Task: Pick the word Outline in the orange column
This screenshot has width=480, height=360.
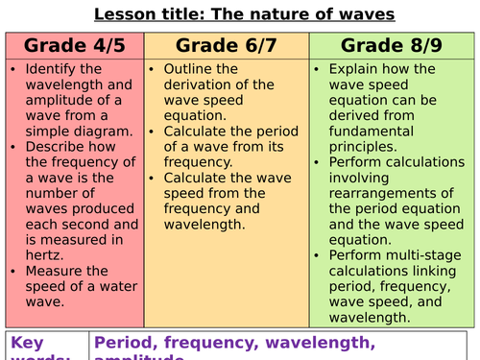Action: tap(190, 70)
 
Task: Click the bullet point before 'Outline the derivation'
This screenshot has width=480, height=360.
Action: tap(154, 70)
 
